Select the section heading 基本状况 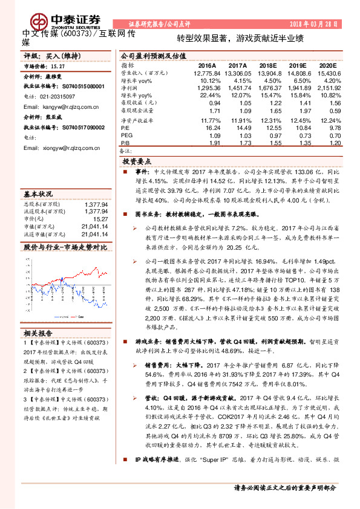click(x=38, y=195)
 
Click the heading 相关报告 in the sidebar click(x=39, y=332)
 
